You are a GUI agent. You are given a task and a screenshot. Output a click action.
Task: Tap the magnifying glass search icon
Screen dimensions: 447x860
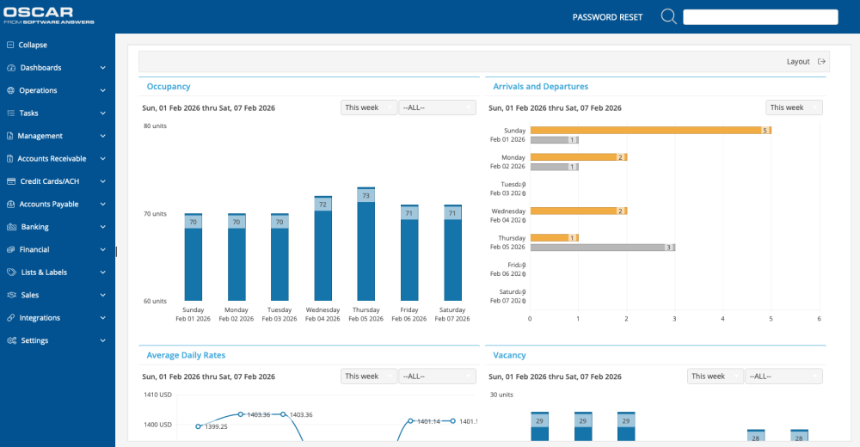(x=668, y=16)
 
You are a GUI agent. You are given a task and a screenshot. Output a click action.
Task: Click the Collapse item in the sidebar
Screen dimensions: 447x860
(x=33, y=45)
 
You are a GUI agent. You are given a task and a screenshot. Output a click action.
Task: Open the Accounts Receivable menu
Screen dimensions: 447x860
(x=52, y=159)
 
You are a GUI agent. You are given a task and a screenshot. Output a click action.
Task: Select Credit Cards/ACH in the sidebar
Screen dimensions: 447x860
(x=49, y=181)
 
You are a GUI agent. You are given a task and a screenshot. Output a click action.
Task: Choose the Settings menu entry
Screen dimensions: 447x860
(x=34, y=340)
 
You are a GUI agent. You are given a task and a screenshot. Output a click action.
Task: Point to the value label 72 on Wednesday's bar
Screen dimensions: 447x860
(x=322, y=205)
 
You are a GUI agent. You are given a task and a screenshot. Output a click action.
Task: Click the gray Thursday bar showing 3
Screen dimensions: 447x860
(x=602, y=248)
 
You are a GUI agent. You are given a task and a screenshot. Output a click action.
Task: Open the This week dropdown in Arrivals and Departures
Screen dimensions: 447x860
(x=793, y=107)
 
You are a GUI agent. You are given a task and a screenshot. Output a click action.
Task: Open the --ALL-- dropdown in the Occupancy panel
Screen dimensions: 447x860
(x=436, y=107)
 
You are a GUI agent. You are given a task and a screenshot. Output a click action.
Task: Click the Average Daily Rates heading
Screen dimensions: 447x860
(x=186, y=355)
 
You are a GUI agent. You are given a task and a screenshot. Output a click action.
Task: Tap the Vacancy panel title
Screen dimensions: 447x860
(x=509, y=355)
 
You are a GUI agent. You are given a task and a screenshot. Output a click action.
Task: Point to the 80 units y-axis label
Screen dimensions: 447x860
(x=155, y=126)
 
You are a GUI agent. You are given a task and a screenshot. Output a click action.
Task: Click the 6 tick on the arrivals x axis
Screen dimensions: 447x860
(x=819, y=319)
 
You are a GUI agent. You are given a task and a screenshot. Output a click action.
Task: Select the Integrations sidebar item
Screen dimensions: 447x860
(x=40, y=318)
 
